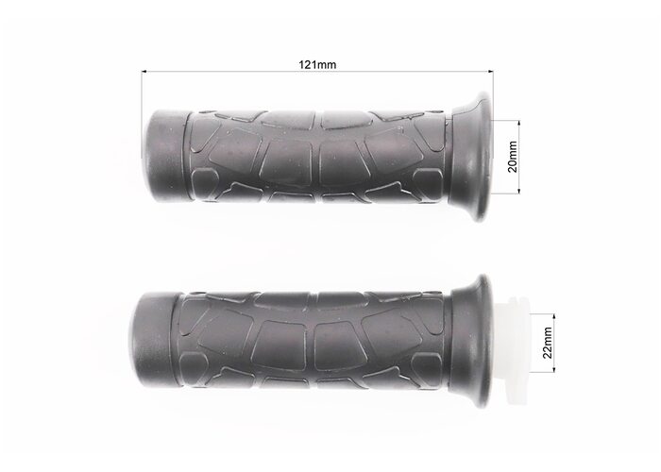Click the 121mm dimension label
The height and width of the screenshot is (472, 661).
coord(317,64)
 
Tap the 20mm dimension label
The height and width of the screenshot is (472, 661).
coord(513,157)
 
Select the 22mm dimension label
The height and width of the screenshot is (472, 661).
coord(547,343)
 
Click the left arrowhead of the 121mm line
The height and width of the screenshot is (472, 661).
coord(144,72)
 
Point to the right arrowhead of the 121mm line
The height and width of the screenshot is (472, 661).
coord(490,72)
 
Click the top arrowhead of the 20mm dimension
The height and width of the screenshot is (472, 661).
coord(519,123)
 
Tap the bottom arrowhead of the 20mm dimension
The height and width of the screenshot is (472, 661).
coord(519,191)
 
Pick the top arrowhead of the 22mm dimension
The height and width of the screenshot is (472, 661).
coord(553,316)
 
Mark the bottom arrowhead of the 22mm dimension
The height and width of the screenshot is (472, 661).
coord(553,369)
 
